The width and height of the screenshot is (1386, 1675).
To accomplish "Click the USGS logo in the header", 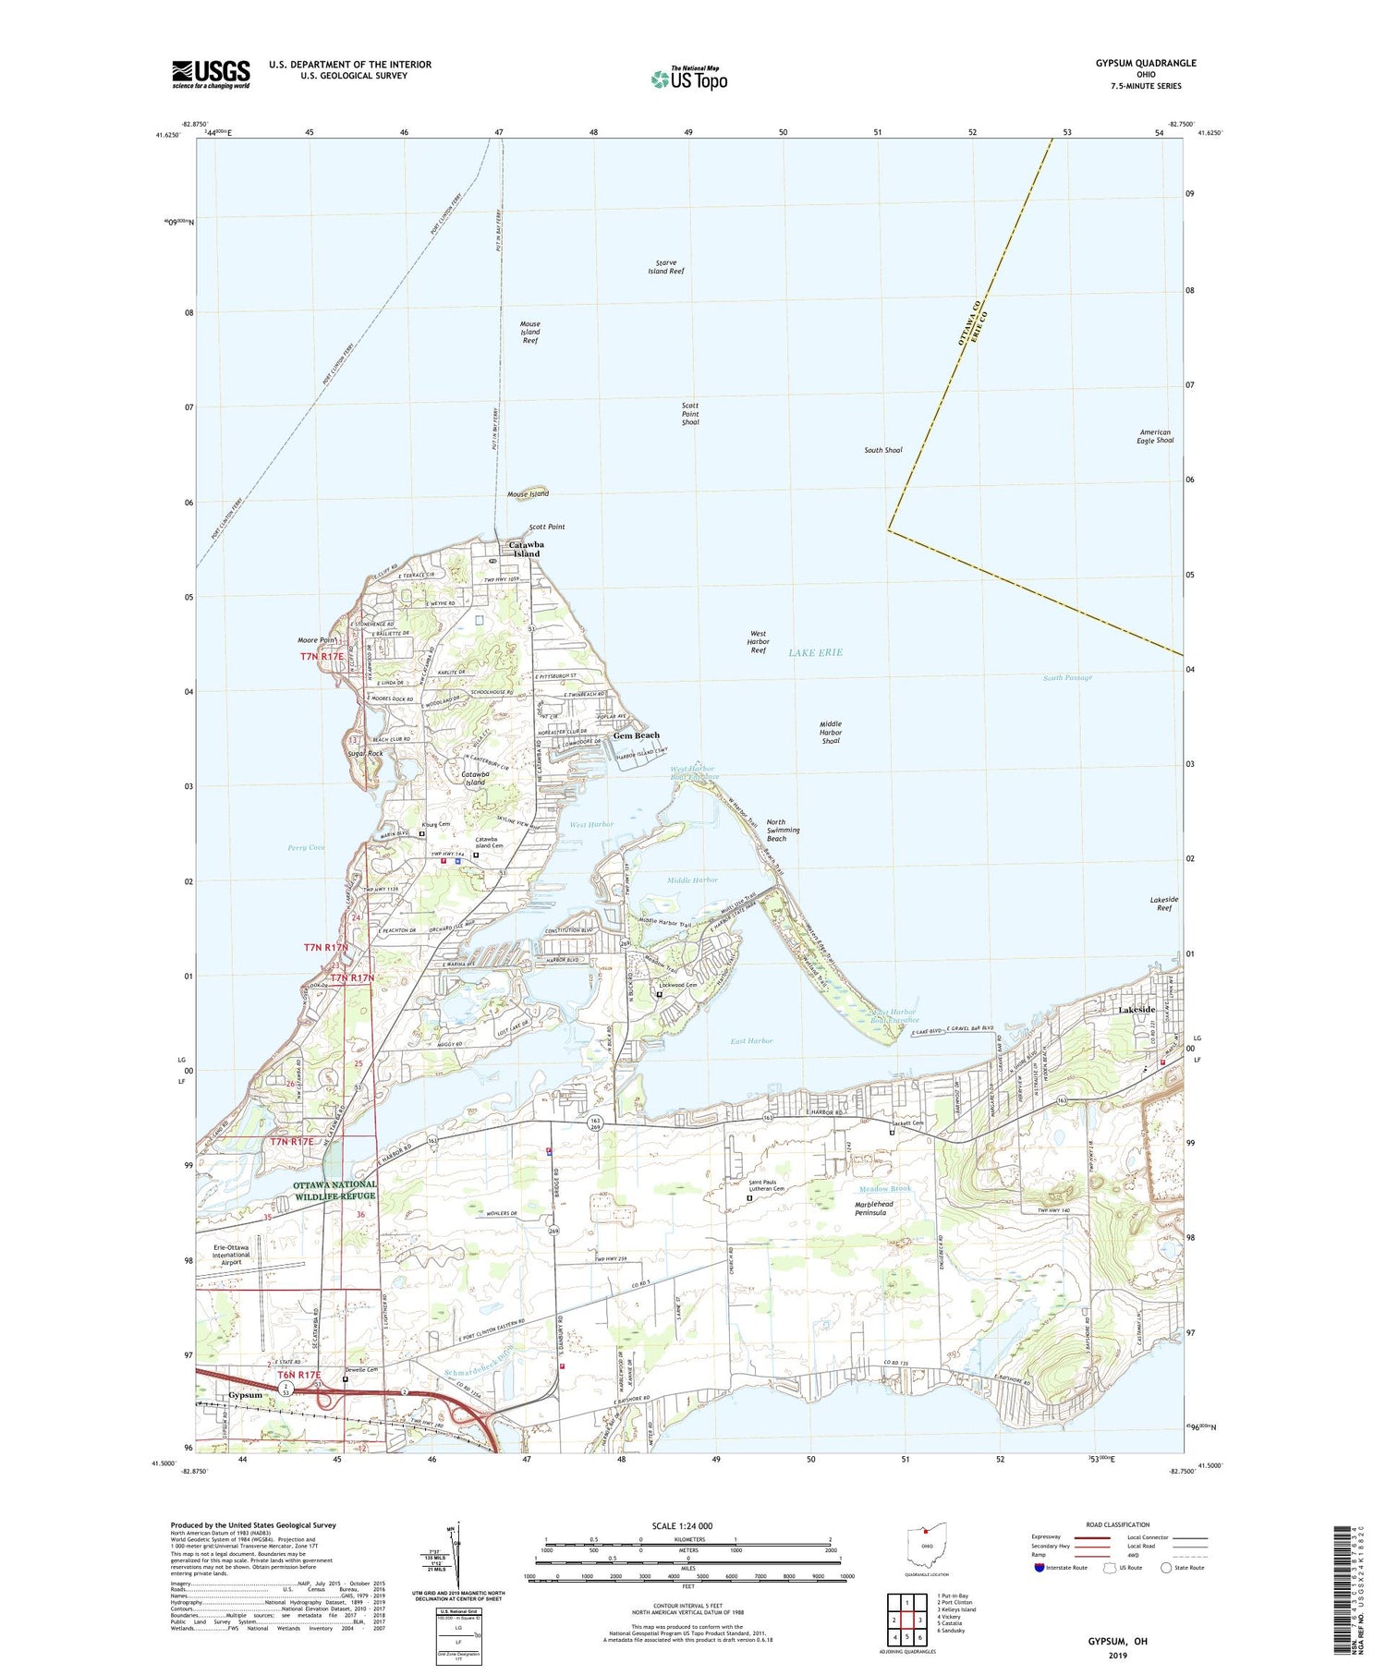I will point(211,74).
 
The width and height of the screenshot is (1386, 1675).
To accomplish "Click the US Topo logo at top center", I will point(688,79).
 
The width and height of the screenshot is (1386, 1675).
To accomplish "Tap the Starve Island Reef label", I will point(665,267).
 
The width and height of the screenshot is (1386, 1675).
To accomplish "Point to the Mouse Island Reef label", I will point(529,332).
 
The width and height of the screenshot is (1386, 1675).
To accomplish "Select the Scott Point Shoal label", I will point(690,414).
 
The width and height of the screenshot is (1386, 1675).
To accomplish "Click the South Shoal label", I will point(882,450).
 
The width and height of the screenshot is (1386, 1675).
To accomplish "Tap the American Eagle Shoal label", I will point(1156,436).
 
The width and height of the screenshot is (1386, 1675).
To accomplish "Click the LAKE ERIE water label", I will point(815,652).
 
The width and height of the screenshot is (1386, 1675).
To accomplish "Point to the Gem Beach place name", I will point(637,735).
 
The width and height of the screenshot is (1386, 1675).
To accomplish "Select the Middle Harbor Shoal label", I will point(831,733).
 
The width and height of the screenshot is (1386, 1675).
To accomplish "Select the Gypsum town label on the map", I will point(246,1395).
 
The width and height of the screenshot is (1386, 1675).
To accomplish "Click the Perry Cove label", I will point(306,847).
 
